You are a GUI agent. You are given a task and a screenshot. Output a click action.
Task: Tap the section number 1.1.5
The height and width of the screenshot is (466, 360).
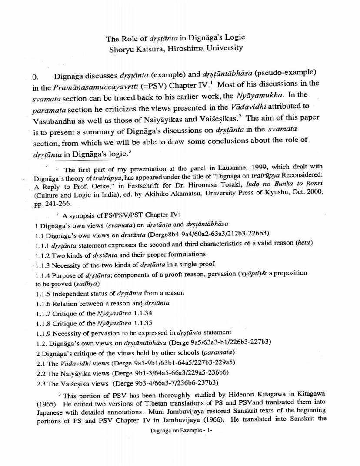click(43, 293)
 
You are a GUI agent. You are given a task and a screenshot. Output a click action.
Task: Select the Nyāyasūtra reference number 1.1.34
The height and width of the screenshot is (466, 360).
click(142, 313)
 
